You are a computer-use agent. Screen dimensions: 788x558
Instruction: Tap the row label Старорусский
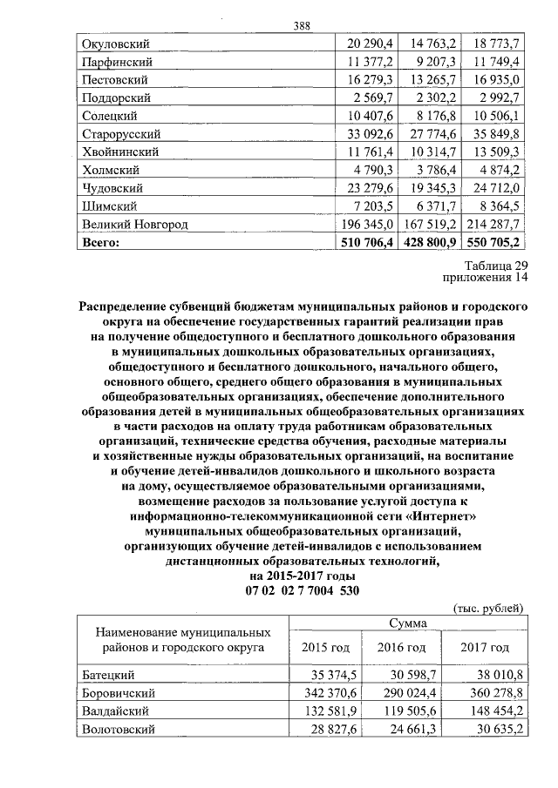118,133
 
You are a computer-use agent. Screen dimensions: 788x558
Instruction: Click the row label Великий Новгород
134,224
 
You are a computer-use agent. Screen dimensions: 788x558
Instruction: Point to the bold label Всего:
99,242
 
